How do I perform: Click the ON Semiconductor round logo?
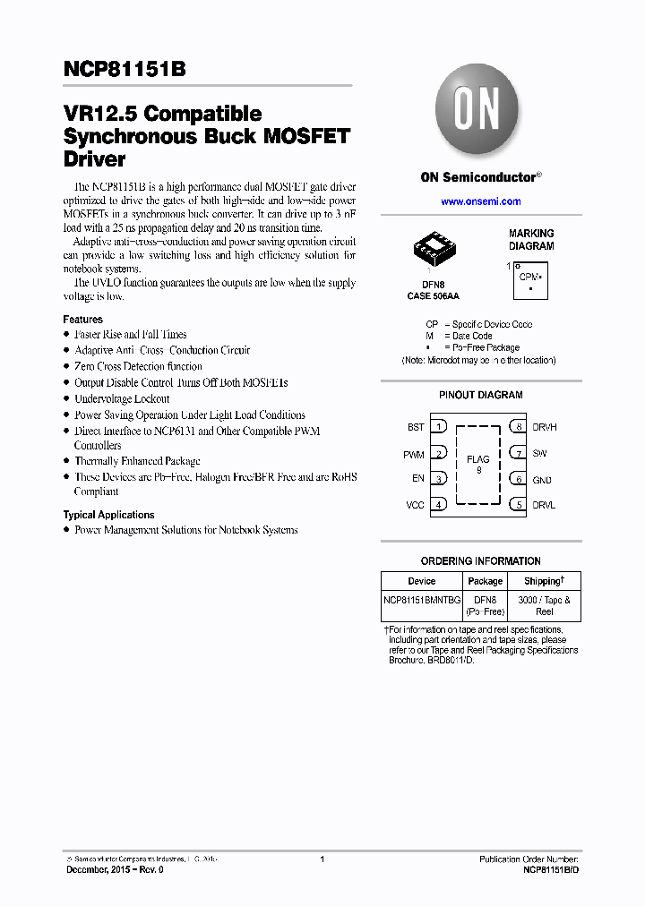click(x=479, y=111)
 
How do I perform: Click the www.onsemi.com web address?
click(x=480, y=201)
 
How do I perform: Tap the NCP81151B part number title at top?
click(x=125, y=71)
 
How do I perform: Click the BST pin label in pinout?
click(x=415, y=428)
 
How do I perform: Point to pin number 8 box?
click(x=519, y=427)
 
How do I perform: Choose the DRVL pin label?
click(x=544, y=505)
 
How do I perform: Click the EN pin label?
click(x=417, y=479)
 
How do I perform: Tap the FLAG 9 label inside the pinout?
click(x=478, y=465)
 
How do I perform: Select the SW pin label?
click(x=539, y=454)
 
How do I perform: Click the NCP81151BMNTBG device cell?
click(x=422, y=600)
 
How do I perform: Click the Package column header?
click(x=485, y=581)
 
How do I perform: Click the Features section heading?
click(x=82, y=320)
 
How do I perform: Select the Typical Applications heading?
click(x=108, y=515)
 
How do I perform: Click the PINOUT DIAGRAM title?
click(x=480, y=395)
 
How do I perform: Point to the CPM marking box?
click(x=529, y=279)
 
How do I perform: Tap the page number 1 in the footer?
click(x=322, y=859)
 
